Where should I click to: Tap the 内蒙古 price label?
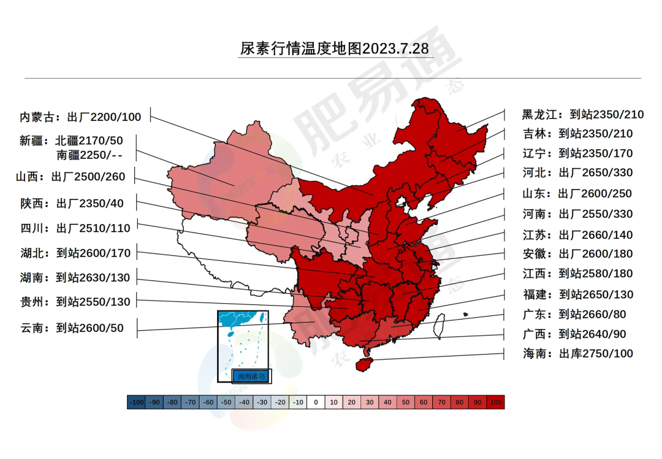[x=80, y=117]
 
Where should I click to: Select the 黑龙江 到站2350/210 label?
[x=582, y=114]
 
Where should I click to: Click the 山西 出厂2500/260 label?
[x=70, y=177]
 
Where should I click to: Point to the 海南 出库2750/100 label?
[x=577, y=353]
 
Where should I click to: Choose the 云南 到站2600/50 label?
[x=71, y=328]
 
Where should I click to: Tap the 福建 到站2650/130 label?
[x=577, y=295]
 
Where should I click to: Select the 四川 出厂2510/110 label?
[x=75, y=228]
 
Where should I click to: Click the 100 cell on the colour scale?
[x=495, y=403]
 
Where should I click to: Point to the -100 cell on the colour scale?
[x=136, y=403]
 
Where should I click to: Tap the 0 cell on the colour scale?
[x=315, y=403]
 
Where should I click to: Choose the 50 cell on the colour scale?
[x=405, y=403]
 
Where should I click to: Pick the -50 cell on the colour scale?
[x=226, y=403]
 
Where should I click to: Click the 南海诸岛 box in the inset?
[x=251, y=376]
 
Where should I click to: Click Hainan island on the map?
[x=365, y=364]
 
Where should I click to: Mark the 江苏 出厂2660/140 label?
[x=577, y=235]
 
